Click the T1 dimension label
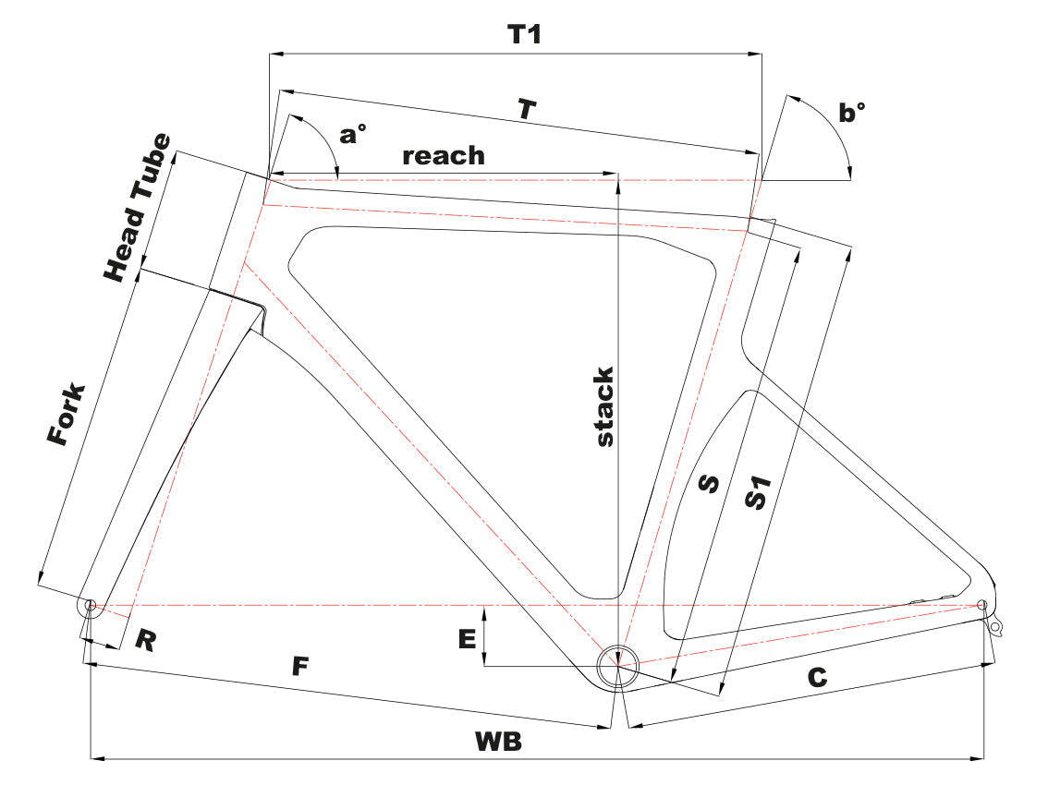[524, 35]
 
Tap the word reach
[444, 155]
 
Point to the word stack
[603, 407]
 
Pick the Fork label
[67, 415]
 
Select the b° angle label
[852, 113]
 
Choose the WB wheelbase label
[498, 741]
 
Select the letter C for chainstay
[816, 677]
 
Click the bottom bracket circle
[616, 665]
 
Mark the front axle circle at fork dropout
[91, 605]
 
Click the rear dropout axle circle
[982, 605]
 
